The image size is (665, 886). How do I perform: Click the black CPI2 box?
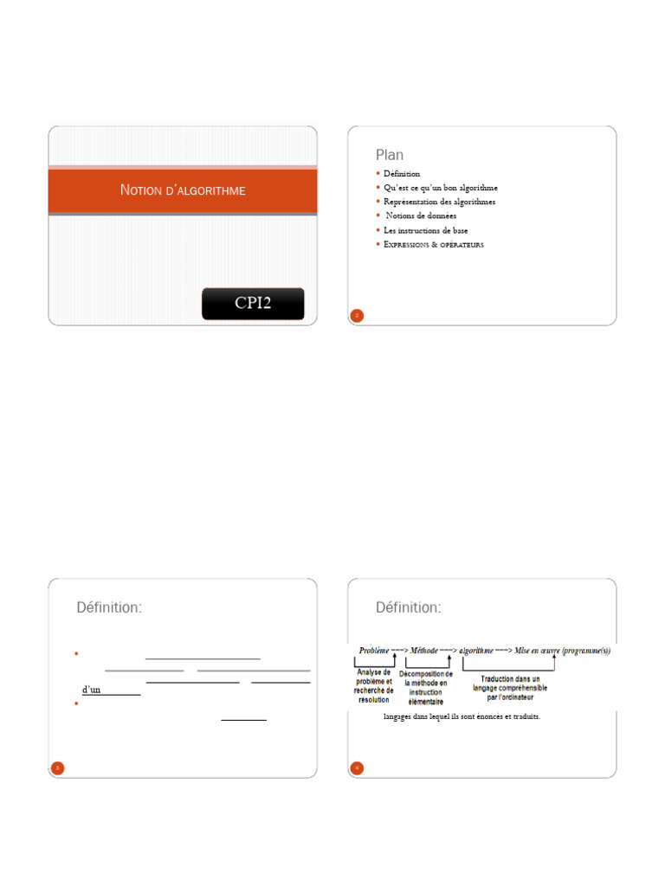(253, 304)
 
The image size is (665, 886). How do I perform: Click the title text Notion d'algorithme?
(182, 190)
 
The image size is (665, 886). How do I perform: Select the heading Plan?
(390, 155)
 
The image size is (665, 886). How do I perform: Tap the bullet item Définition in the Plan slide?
(402, 174)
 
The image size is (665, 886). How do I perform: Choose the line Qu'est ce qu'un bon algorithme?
(441, 188)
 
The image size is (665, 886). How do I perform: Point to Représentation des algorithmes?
(440, 202)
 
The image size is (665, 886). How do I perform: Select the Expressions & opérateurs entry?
(434, 245)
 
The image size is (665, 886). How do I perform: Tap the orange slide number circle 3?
(57, 767)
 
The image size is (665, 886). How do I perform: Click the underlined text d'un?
(91, 690)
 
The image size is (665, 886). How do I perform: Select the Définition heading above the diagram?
(409, 607)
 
